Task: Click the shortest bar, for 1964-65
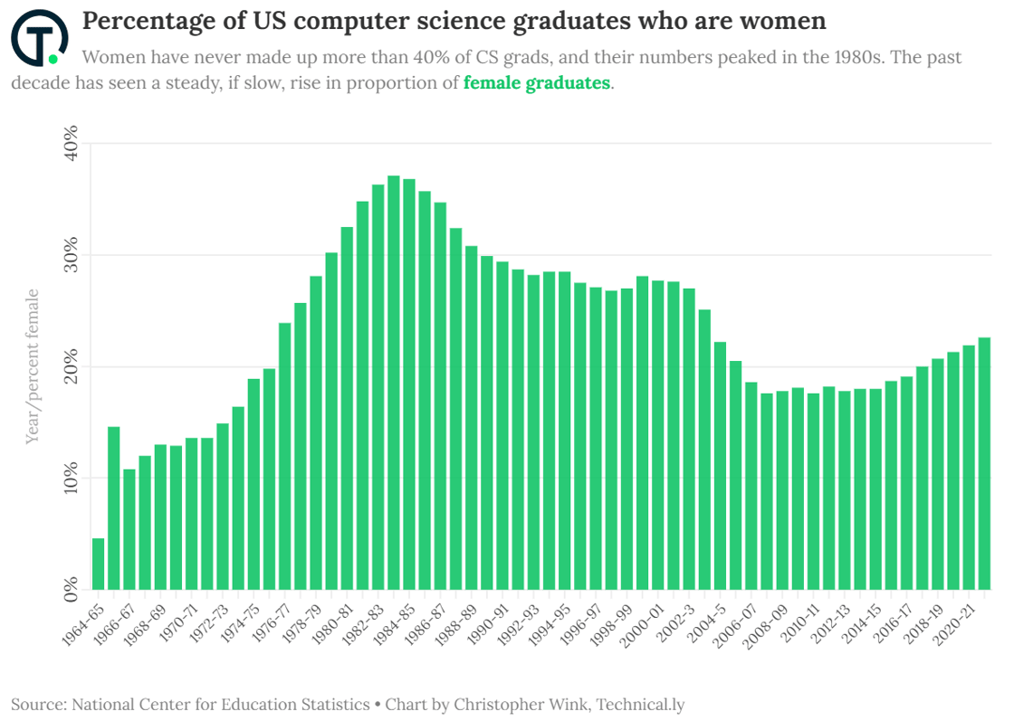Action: coord(99,564)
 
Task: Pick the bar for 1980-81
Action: coord(347,408)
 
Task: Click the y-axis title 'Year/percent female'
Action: coord(33,366)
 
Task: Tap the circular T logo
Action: coord(39,37)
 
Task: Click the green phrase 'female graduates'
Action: coord(537,83)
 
